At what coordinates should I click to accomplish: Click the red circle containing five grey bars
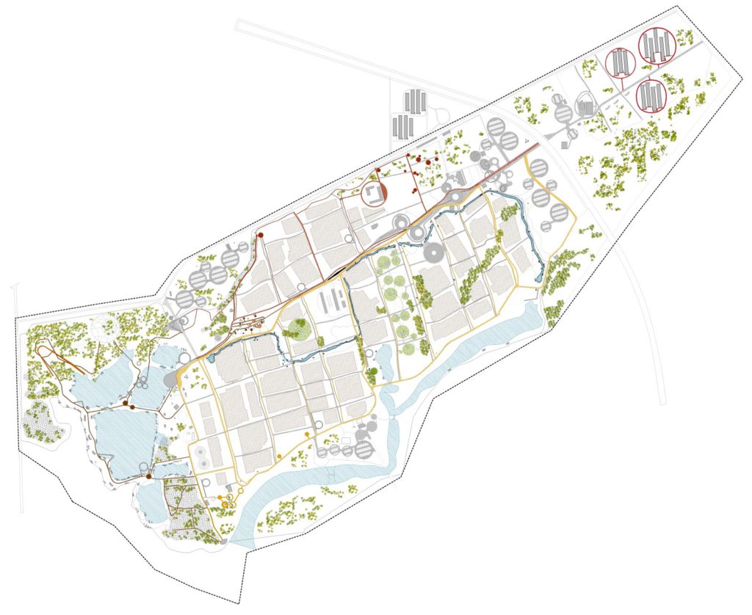[x=656, y=47]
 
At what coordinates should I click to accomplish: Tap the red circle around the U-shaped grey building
[x=374, y=194]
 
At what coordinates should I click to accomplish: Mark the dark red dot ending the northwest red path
[x=261, y=235]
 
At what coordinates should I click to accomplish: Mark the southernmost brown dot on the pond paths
[x=148, y=478]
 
